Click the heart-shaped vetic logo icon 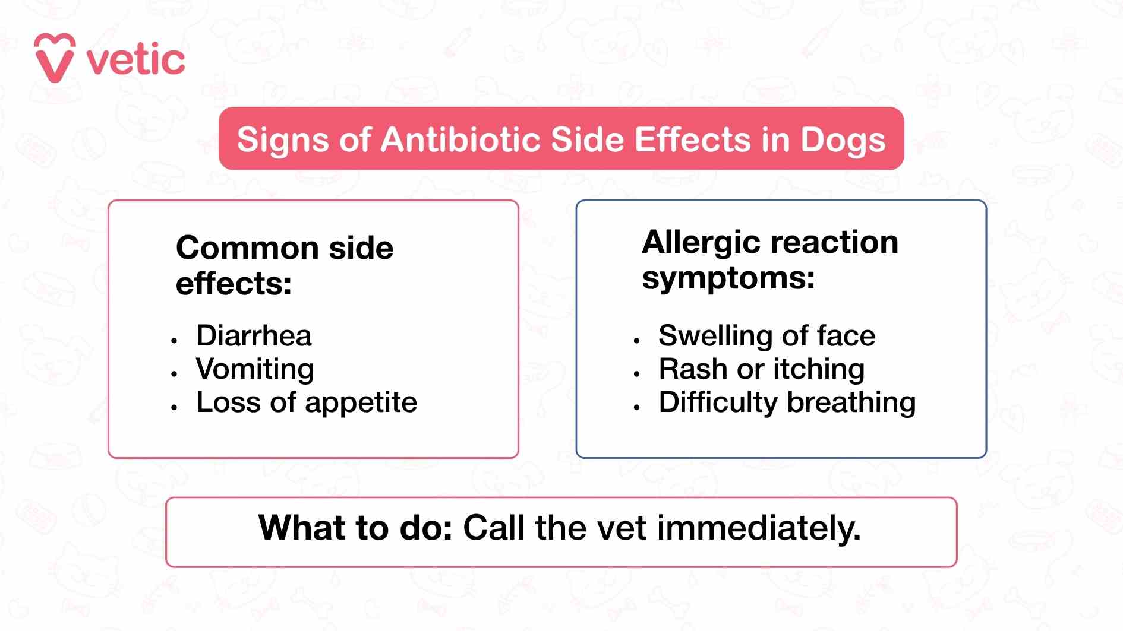click(55, 58)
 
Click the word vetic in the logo click(136, 60)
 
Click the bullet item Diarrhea click(254, 336)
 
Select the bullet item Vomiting click(255, 369)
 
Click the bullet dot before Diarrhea click(174, 341)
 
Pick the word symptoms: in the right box click(728, 278)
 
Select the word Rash click(693, 369)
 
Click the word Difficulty click(718, 403)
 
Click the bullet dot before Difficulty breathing click(636, 407)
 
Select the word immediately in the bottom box click(759, 528)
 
